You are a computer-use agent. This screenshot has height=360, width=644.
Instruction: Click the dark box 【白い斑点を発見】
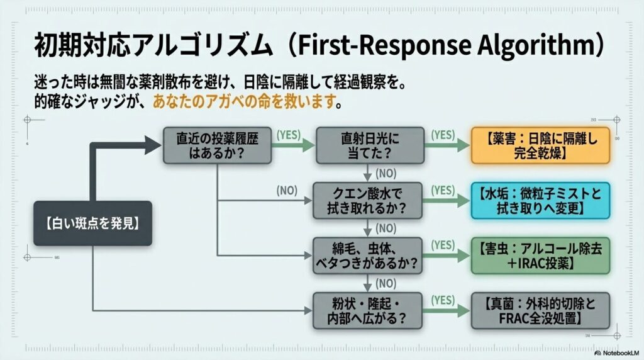click(x=92, y=223)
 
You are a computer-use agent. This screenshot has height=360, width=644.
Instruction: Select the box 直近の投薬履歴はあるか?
click(x=216, y=145)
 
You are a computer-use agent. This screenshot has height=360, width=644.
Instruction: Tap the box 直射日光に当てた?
click(x=369, y=145)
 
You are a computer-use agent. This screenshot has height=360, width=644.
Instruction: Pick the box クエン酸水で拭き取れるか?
click(x=369, y=200)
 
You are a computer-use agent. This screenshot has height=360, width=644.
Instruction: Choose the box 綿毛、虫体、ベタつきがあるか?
click(x=369, y=256)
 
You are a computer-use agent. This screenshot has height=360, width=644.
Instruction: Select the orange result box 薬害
click(x=541, y=145)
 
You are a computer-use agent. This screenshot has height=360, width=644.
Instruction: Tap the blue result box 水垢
click(x=541, y=200)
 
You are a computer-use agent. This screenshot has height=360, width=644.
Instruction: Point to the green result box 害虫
click(x=541, y=256)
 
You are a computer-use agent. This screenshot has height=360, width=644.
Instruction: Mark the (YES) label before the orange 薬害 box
click(x=443, y=135)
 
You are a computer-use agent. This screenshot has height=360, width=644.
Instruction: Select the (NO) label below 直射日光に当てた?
click(x=385, y=172)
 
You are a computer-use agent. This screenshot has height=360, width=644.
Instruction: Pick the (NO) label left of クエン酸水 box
click(x=287, y=189)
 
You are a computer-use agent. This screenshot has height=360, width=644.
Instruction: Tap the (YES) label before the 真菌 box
click(x=443, y=300)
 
